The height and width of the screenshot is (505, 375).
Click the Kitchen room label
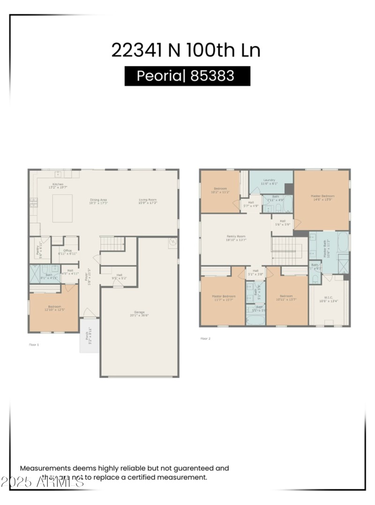58,185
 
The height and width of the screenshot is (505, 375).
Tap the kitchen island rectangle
62,208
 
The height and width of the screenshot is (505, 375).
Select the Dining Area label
98,201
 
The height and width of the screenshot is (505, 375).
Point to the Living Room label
148,201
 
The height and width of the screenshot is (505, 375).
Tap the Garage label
139,312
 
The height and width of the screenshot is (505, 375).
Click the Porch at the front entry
89,335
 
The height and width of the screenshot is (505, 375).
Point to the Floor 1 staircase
113,243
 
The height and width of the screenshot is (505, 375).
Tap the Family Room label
236,237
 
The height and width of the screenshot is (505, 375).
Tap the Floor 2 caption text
205,338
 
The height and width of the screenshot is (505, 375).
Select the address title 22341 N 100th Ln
186,50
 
